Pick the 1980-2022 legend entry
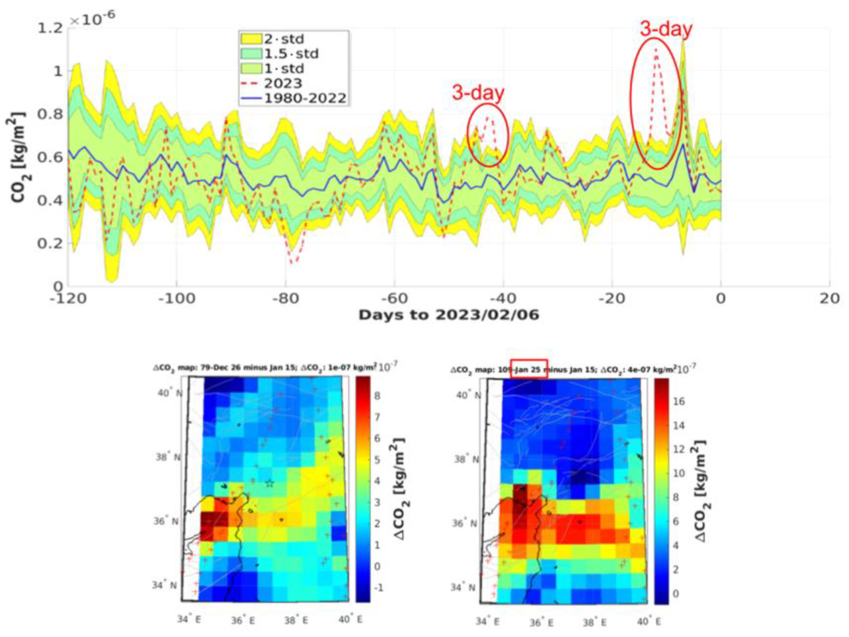[x=305, y=98]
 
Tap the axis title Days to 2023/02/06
[x=449, y=315]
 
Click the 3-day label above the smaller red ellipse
[x=478, y=93]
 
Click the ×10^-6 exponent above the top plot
[x=92, y=20]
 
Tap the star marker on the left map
[x=269, y=483]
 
